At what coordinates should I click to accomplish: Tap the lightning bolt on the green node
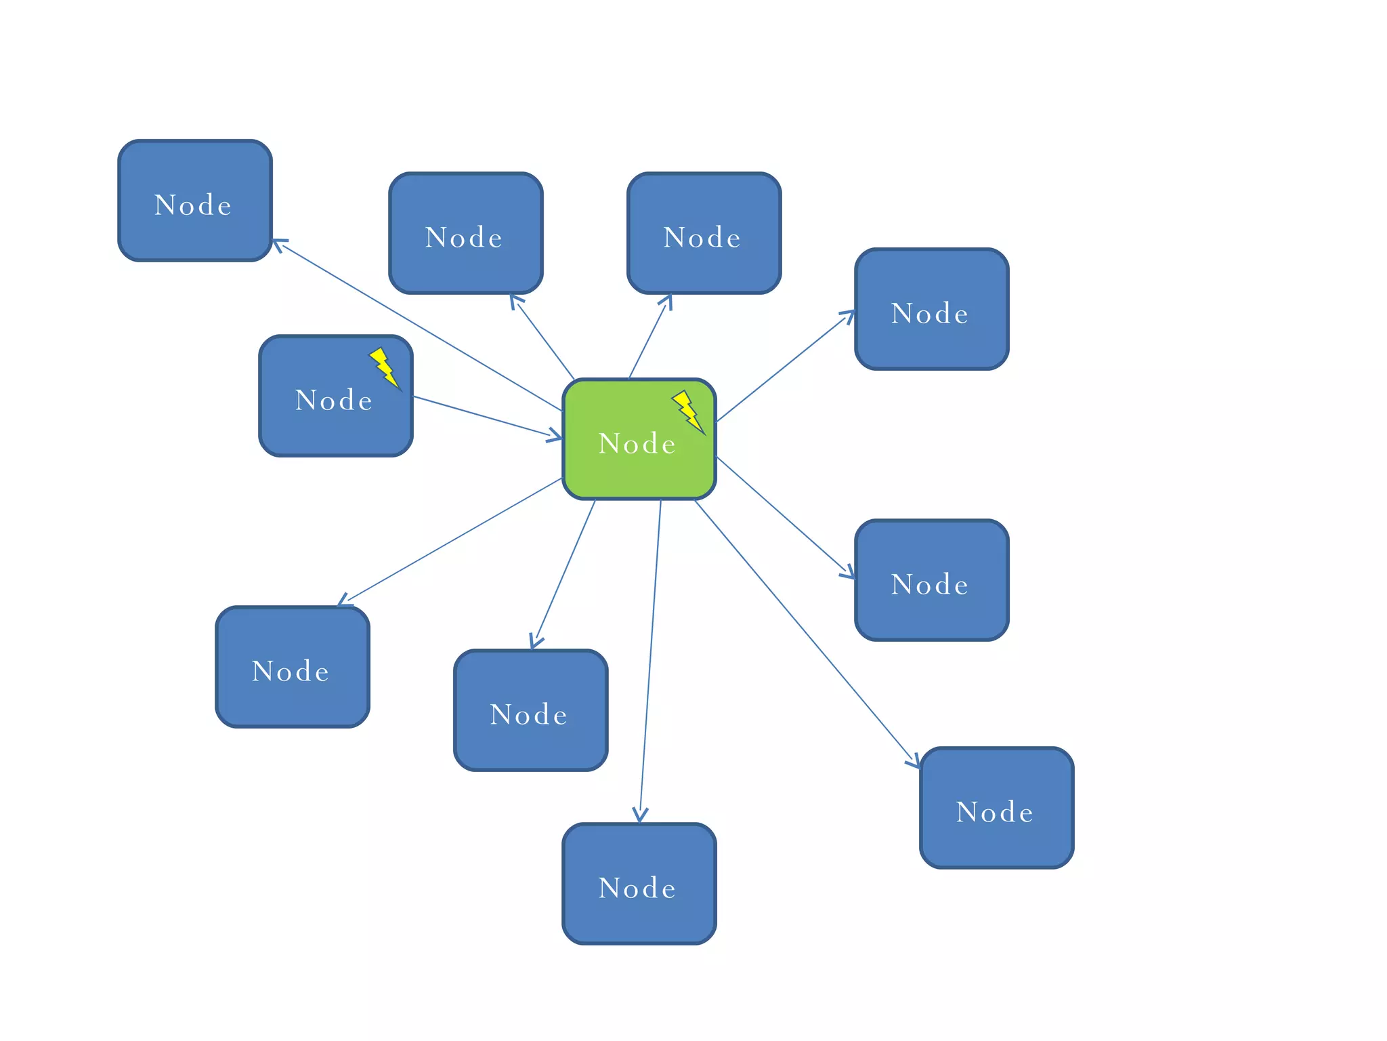[687, 411]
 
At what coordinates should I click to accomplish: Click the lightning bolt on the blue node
[384, 367]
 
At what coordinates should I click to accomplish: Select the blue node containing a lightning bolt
[318, 420]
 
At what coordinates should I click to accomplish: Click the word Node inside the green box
[637, 444]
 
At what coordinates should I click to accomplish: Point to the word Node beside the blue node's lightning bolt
[334, 401]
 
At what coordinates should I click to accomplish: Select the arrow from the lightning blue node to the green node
[484, 416]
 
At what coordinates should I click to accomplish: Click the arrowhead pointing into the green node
[555, 436]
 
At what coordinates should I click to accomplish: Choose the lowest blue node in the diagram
[639, 915]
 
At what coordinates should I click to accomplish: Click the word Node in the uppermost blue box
[193, 205]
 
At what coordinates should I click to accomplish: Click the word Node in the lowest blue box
[637, 889]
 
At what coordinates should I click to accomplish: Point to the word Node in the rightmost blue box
[995, 813]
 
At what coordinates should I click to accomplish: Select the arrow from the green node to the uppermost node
[417, 325]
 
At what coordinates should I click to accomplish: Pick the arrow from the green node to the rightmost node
[806, 634]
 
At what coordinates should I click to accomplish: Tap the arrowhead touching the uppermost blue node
[278, 243]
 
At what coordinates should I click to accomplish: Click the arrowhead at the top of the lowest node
[640, 815]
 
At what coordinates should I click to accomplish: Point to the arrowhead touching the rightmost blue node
[914, 762]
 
